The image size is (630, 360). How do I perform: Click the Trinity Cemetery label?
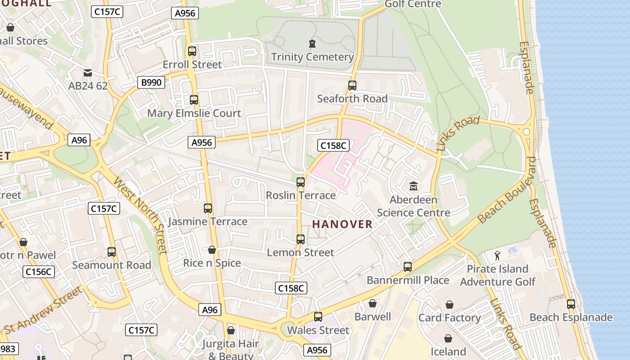point(312,57)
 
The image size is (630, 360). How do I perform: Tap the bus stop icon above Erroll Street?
point(192,51)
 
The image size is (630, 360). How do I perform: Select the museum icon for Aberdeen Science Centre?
point(413,185)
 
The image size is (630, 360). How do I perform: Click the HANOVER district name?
point(342,224)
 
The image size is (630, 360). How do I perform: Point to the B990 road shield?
point(151,82)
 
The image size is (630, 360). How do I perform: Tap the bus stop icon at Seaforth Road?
point(352,85)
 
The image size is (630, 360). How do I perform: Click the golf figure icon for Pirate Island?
point(497,256)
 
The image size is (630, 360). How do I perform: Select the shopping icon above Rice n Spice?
point(212,250)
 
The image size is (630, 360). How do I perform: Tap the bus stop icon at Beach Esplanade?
point(571,304)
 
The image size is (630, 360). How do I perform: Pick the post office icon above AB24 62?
point(88,72)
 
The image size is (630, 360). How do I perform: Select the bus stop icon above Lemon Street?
point(301,239)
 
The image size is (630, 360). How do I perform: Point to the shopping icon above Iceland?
point(448,338)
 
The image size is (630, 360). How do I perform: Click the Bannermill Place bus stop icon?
point(408,267)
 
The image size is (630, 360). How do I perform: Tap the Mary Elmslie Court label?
point(194,113)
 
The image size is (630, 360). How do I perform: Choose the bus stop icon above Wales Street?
point(318,317)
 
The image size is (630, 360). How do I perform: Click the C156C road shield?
point(39,271)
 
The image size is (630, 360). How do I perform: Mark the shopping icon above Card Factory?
point(449,305)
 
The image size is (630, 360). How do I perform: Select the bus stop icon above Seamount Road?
point(112,252)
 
